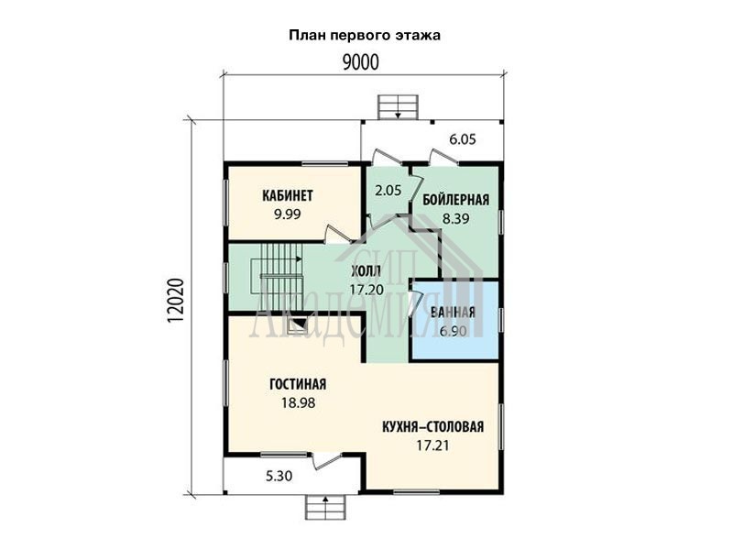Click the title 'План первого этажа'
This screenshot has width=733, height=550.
click(365, 36)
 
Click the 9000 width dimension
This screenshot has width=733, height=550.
click(360, 62)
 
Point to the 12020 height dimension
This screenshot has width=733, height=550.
click(175, 301)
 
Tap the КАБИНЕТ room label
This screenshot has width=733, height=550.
click(288, 195)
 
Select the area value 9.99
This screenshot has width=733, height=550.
click(288, 214)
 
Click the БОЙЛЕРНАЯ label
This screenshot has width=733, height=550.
click(455, 200)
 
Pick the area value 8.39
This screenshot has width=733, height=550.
click(455, 218)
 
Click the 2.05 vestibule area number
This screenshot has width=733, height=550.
click(388, 191)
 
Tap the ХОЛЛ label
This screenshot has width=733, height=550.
click(366, 270)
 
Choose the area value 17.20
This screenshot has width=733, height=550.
click(367, 290)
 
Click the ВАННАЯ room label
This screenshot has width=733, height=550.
click(453, 313)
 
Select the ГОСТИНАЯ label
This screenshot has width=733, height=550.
click(298, 384)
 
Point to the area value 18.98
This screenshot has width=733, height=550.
click(299, 402)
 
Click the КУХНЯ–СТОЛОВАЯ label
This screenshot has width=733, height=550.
click(432, 427)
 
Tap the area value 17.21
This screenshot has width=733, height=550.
click(432, 445)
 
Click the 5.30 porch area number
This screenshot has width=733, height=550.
click(279, 476)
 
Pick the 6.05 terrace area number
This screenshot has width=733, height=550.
click(463, 139)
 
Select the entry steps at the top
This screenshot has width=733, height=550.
click(398, 107)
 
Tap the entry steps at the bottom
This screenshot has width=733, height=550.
click(325, 507)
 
